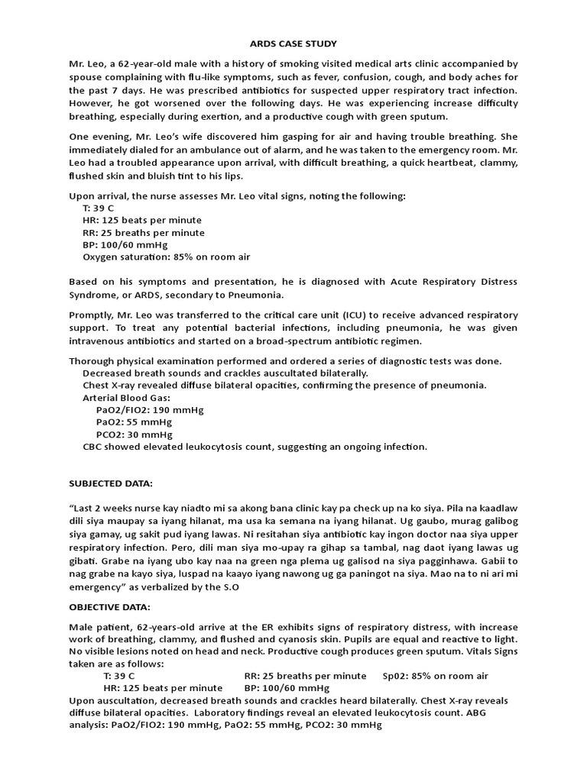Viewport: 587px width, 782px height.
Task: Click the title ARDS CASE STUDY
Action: coord(293,44)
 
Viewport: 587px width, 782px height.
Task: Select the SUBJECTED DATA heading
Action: coord(111,483)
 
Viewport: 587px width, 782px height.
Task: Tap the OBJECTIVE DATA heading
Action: coord(109,607)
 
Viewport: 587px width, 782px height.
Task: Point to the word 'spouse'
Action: coord(87,77)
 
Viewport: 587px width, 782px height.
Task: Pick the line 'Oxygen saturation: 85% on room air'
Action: coord(166,258)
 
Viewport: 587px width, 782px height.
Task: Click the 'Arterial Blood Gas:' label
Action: coord(126,397)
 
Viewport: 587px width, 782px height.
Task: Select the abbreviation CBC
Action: coord(93,447)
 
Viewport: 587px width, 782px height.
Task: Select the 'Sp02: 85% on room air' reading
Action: coord(435,677)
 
